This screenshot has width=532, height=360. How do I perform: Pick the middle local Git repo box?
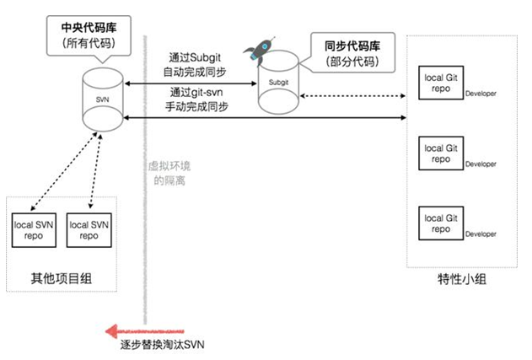pos(438,153)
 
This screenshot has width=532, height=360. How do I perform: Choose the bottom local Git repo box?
pos(438,223)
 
